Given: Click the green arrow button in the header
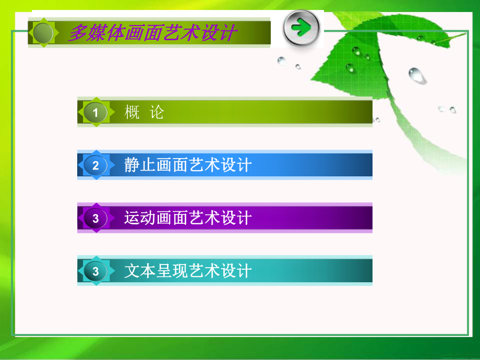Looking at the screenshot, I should point(301,28).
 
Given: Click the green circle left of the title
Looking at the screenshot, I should point(43,33).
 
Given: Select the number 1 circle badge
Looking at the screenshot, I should point(95,112).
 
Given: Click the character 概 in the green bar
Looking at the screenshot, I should point(133,112).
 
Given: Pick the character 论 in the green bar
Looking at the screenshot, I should point(157,112).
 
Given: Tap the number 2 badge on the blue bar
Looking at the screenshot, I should point(95,166).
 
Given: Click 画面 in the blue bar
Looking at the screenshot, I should point(172,165).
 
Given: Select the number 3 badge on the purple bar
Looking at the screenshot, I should point(95,218).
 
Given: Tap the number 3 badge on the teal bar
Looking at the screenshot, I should point(95,271).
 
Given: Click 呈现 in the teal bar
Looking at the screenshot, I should point(172,271).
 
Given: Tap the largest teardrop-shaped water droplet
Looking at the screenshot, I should point(417,76).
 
